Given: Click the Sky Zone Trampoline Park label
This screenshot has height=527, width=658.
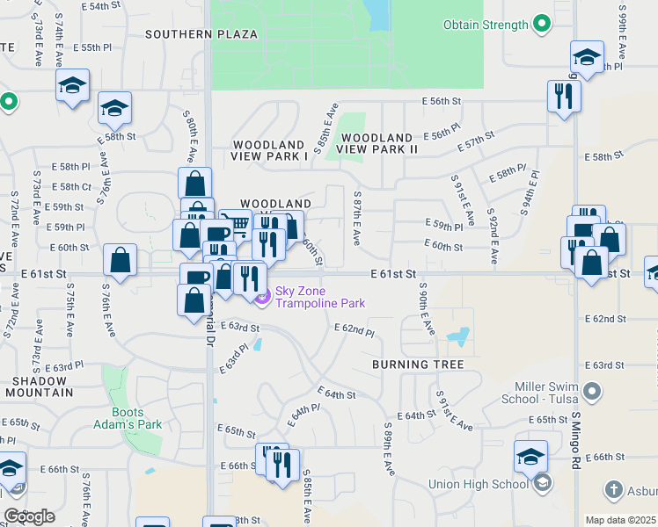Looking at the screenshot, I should click(320, 297).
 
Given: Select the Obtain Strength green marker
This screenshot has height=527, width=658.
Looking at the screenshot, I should click(543, 25).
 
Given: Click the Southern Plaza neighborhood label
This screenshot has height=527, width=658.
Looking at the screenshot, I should click(201, 34).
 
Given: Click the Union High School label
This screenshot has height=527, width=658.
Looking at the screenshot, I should click(479, 484).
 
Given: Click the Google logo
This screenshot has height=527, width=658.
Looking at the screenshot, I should click(29, 516).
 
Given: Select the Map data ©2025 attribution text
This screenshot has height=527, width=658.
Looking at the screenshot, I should click(621, 520).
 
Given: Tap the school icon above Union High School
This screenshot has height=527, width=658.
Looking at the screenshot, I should click(531, 457).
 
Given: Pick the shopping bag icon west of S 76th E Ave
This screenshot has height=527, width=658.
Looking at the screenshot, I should click(120, 261).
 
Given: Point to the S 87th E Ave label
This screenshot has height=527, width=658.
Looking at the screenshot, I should click(357, 219).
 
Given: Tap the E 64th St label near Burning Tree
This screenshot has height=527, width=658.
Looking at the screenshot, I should click(416, 415).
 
